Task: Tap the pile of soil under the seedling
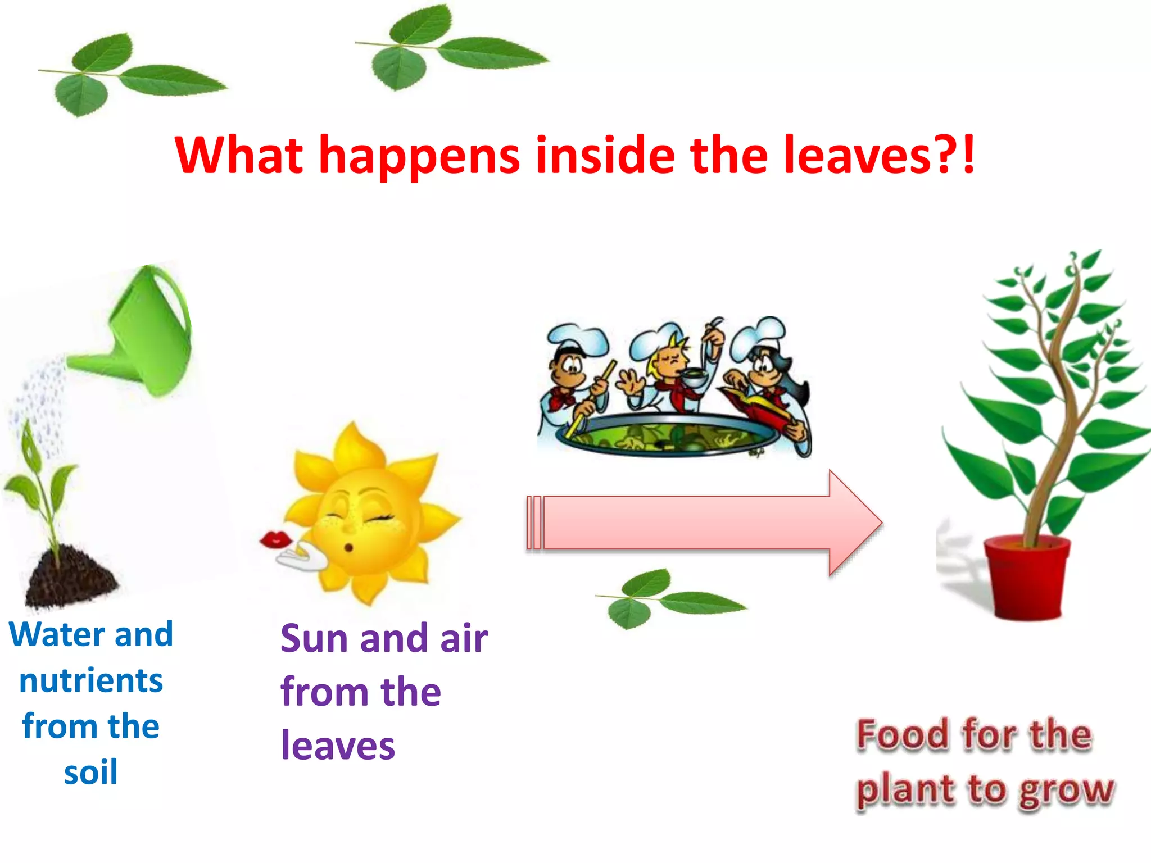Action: pos(70,576)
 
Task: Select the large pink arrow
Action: pos(703,523)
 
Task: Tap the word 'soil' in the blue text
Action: pos(90,773)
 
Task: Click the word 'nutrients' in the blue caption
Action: pos(90,680)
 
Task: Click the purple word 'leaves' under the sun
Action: pos(338,746)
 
